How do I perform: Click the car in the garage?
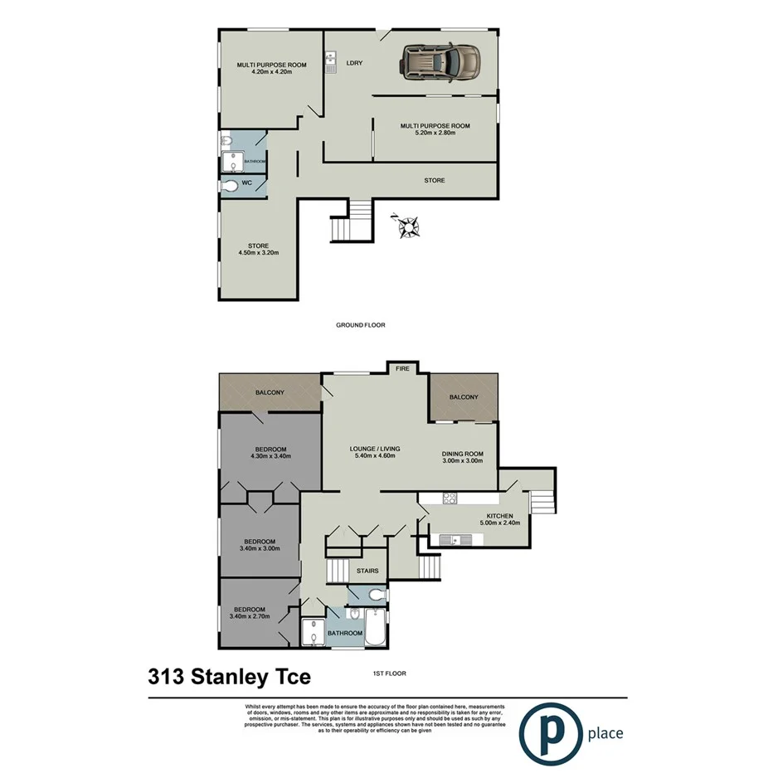point(440,61)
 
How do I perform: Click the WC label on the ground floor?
point(246,183)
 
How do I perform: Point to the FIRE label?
point(402,368)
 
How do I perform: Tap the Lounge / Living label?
point(372,452)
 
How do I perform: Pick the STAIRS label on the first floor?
point(367,571)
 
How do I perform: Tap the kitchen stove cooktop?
point(450,498)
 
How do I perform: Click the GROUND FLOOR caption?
point(360,326)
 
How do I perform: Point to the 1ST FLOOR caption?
point(389,673)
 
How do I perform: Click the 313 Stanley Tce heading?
point(229,677)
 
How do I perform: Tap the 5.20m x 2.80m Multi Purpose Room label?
point(435,129)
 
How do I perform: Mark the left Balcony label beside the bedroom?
point(270,391)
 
